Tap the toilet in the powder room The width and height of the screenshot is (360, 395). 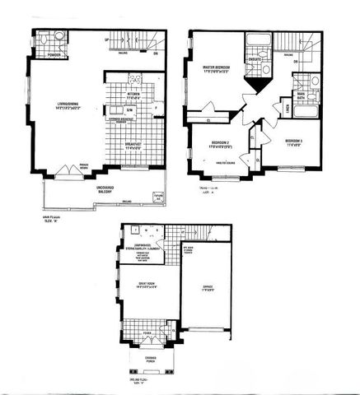(44, 41)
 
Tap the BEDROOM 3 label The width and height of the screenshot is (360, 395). (294, 141)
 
